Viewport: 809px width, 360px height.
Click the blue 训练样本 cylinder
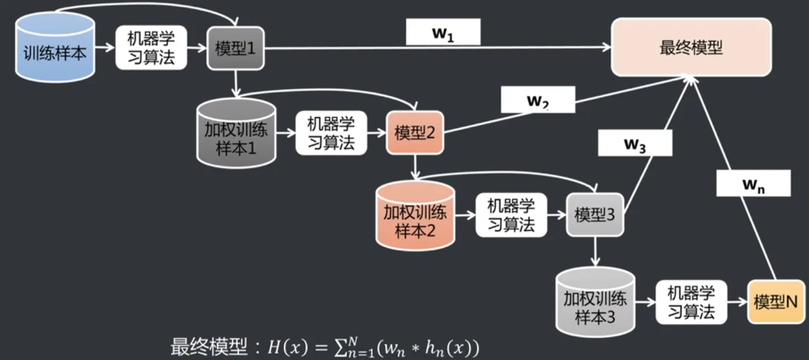tap(55, 49)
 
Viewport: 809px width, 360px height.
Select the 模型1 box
tap(235, 49)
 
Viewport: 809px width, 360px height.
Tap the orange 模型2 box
tap(415, 133)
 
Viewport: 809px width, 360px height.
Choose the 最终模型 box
tap(691, 47)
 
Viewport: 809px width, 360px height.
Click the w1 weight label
tap(443, 33)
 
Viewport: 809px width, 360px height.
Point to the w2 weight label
tap(537, 100)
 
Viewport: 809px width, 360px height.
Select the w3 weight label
tap(634, 143)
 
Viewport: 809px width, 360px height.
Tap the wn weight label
tap(753, 184)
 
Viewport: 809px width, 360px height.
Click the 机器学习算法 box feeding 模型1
tap(151, 49)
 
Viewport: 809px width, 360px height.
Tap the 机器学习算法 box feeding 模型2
tap(331, 133)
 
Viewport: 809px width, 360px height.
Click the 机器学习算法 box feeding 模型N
tap(691, 302)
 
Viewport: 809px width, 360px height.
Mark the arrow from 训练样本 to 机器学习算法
tap(105, 49)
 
